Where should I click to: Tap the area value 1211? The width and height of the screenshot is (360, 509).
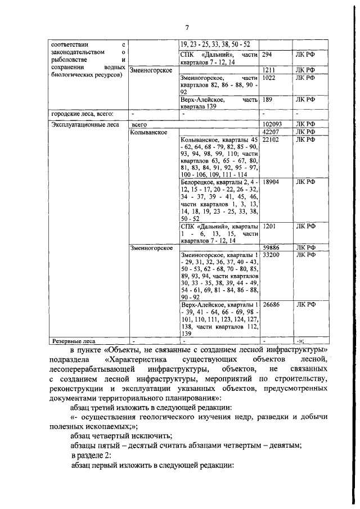click(x=268, y=70)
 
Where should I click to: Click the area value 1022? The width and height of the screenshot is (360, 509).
click(x=269, y=78)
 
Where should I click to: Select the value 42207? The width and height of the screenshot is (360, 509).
click(x=271, y=132)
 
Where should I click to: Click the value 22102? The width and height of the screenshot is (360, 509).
click(x=271, y=139)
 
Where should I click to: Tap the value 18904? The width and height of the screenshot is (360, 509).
click(x=271, y=183)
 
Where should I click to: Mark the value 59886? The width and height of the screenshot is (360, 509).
click(x=271, y=247)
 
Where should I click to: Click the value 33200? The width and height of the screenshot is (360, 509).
click(x=271, y=255)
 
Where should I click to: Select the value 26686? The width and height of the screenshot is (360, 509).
click(x=271, y=304)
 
